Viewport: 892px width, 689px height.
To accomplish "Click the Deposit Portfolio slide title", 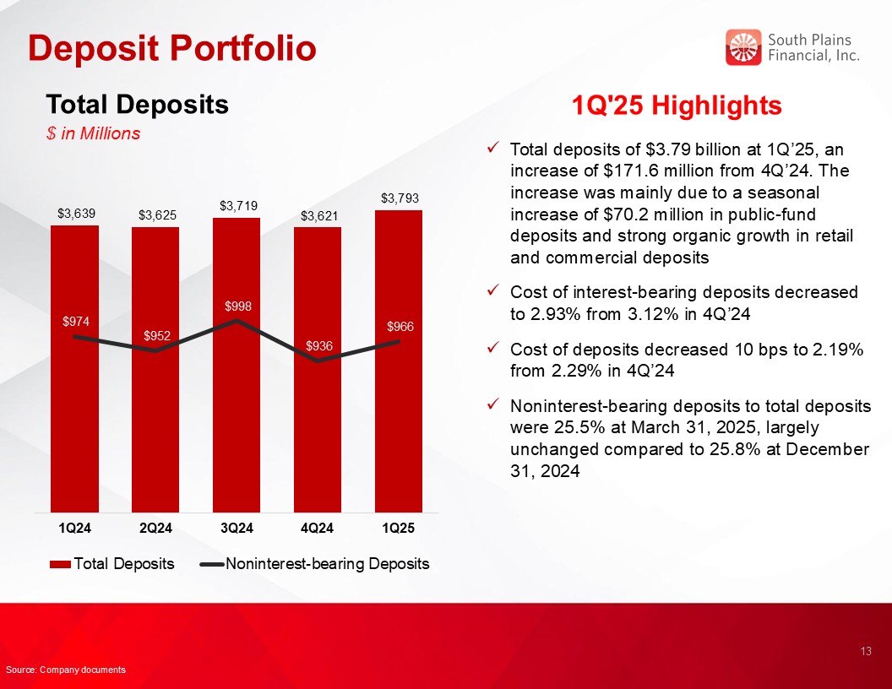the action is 171,48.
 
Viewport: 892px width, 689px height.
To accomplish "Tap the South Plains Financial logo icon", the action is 743,47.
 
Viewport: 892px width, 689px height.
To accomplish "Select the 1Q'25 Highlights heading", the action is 677,106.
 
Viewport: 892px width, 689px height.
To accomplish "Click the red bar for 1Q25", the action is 398,361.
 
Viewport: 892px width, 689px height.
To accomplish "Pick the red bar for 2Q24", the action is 155,370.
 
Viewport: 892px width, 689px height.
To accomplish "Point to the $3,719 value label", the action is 239,206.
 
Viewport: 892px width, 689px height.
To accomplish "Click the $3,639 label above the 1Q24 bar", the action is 76,214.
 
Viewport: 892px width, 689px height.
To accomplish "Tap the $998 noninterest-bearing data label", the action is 238,307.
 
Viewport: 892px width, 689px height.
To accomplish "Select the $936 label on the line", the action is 319,345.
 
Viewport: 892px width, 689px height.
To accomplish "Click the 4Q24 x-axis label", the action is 317,528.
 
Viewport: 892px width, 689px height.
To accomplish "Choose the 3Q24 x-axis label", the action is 237,528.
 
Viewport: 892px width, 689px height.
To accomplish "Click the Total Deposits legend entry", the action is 112,564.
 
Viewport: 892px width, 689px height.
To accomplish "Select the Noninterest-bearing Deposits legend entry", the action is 314,564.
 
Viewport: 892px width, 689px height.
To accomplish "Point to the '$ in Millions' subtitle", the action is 93,133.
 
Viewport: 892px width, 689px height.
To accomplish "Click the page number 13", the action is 866,652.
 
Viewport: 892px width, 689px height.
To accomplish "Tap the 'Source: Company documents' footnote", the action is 66,670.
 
